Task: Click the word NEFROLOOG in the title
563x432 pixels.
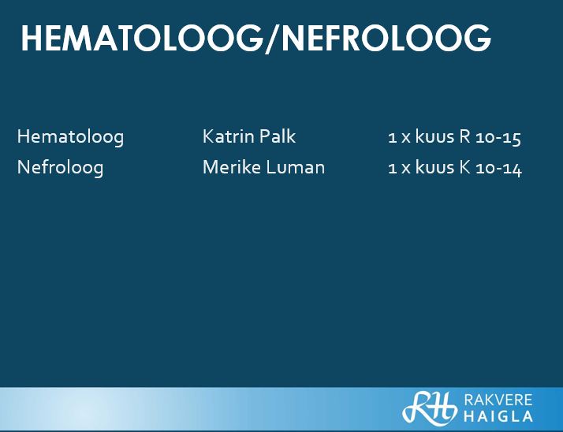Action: [x=386, y=39]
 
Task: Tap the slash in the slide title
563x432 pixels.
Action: [x=273, y=39]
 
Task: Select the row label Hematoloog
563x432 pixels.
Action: [x=70, y=137]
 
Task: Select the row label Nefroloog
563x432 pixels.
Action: [x=60, y=168]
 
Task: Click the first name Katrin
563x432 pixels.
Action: [x=228, y=136]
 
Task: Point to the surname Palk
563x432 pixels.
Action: [x=278, y=136]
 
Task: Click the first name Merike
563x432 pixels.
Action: [x=232, y=167]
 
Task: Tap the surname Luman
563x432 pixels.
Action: [x=296, y=167]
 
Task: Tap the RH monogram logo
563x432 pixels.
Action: [x=430, y=408]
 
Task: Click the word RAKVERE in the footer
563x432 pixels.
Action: [x=498, y=400]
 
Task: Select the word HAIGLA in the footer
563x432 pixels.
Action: [x=498, y=416]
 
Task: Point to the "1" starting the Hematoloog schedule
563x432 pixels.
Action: [x=392, y=137]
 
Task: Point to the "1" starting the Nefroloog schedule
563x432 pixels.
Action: [x=392, y=169]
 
